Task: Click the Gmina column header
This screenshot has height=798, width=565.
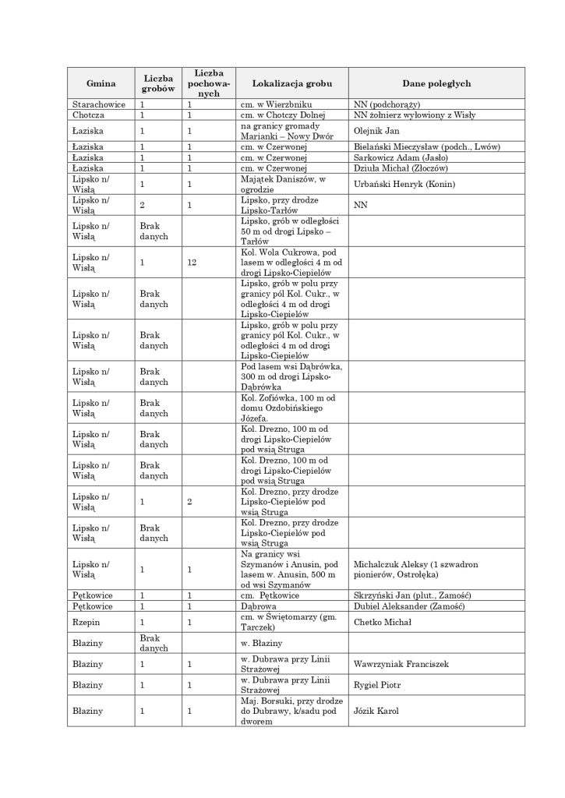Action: (x=101, y=83)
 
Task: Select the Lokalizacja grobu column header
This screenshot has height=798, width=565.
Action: (x=291, y=83)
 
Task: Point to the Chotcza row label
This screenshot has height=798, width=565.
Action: (x=89, y=115)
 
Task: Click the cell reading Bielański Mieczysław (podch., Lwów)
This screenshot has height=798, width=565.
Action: (x=426, y=147)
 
